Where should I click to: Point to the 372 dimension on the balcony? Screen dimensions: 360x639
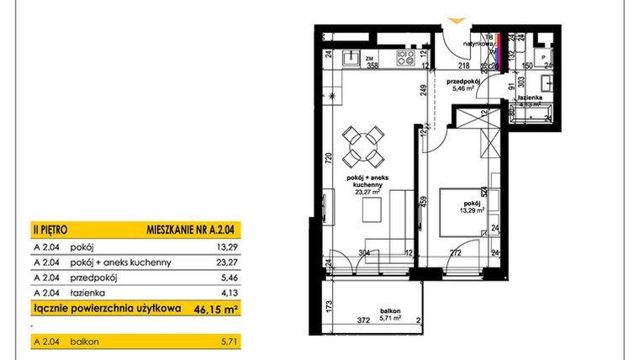point(338,320)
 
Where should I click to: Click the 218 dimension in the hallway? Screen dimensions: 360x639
point(462,65)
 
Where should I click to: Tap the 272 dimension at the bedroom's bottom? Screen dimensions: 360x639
point(453,252)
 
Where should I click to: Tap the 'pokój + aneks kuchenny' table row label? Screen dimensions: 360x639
point(123,262)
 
